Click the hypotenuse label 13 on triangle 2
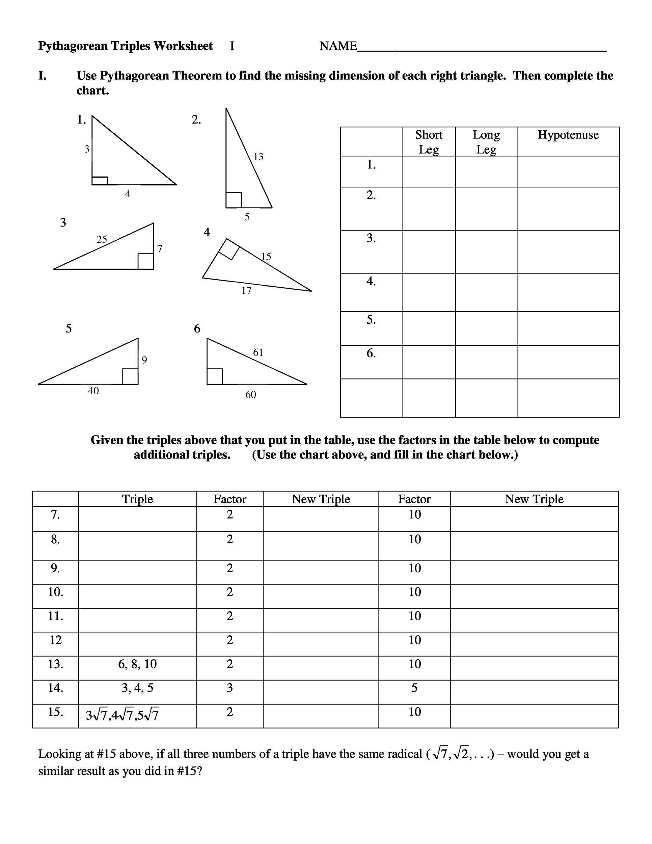tap(259, 157)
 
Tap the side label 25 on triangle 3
tap(102, 239)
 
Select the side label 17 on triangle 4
tap(246, 291)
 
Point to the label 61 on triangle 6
tap(258, 352)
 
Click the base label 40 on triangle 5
tap(93, 391)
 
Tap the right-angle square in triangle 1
tap(100, 181)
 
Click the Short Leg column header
tap(429, 142)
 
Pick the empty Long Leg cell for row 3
tap(486, 252)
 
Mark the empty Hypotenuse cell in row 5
tap(568, 328)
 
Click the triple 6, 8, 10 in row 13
tap(137, 664)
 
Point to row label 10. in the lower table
tap(56, 592)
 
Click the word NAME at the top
tap(338, 46)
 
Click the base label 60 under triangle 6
tap(251, 395)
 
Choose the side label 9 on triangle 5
tap(144, 360)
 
